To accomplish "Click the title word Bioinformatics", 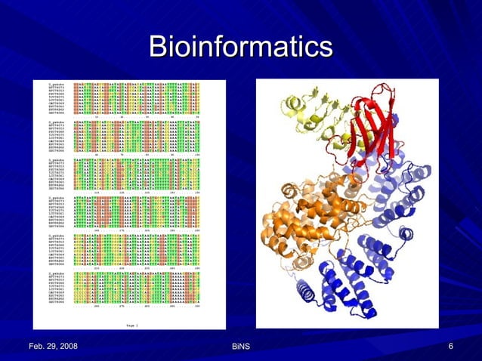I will click(x=240, y=47).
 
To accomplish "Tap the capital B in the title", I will click(x=158, y=46).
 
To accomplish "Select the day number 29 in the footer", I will click(x=57, y=346).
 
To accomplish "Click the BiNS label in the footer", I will click(x=241, y=347).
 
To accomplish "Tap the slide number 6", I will click(x=450, y=346).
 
